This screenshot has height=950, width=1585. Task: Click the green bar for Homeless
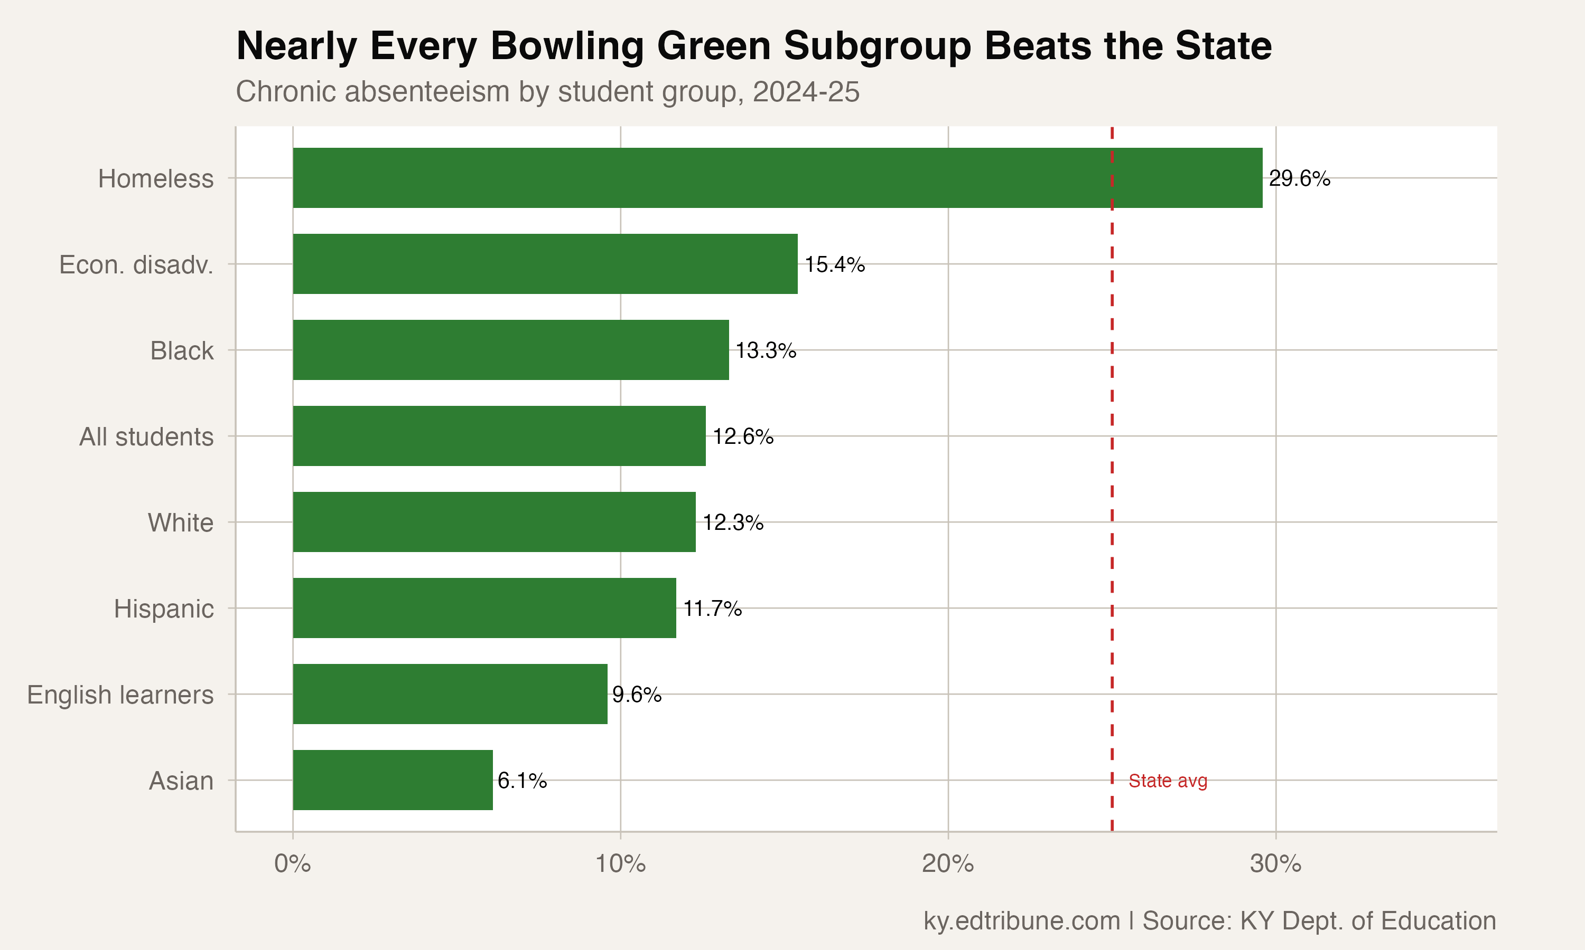click(x=777, y=178)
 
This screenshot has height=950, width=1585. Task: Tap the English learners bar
click(x=450, y=694)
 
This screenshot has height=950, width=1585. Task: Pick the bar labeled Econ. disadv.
click(x=545, y=264)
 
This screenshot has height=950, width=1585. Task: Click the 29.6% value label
click(x=1299, y=178)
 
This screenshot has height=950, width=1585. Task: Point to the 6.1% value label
click(x=521, y=781)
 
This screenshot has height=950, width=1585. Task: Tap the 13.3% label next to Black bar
click(x=765, y=351)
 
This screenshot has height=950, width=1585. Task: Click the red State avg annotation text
click(x=1167, y=781)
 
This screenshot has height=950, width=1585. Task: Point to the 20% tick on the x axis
click(x=947, y=864)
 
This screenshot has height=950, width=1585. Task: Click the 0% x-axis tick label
click(x=292, y=864)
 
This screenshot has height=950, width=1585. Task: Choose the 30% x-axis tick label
click(x=1275, y=864)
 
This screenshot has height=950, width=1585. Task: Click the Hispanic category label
click(x=163, y=609)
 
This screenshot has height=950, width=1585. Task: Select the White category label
click(x=181, y=523)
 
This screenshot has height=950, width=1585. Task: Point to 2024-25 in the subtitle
click(x=805, y=91)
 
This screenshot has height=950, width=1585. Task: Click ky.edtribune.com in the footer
click(x=1021, y=920)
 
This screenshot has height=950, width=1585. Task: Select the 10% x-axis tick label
click(x=620, y=864)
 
